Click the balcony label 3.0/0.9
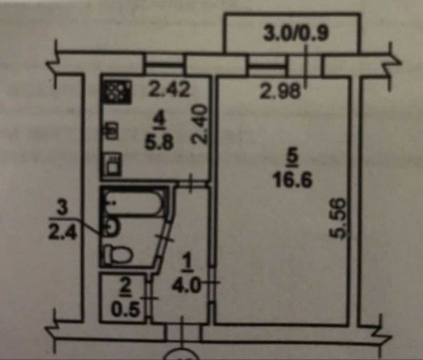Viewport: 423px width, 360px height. coord(296,33)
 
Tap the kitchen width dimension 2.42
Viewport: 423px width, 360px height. coord(170,90)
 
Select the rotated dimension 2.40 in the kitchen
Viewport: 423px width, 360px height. coord(200,124)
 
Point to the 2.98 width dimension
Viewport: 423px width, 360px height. coord(280,91)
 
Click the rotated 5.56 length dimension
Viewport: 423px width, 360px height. coord(338,218)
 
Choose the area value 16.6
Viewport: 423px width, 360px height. coord(293,180)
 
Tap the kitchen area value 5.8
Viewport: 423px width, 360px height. coord(159,142)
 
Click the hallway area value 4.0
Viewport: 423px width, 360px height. coord(187,286)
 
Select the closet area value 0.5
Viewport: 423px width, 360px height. coord(126,310)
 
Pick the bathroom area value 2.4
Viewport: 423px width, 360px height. coord(62,232)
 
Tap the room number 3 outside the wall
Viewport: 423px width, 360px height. coord(62,209)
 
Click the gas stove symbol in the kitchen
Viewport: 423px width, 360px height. coord(118,92)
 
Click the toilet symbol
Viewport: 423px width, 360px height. coord(118,254)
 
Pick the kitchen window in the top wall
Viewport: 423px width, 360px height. coord(164,65)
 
